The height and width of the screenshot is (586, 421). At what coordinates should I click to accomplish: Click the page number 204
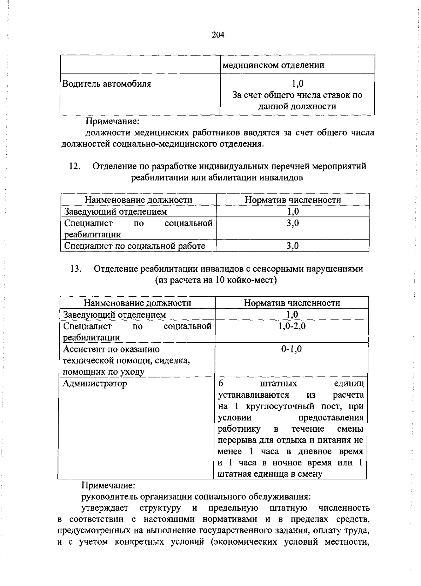(218, 35)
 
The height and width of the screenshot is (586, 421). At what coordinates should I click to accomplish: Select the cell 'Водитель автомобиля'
(107, 84)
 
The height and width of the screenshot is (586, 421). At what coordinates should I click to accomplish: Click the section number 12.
(75, 166)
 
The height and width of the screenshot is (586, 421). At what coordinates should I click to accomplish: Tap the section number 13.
(76, 269)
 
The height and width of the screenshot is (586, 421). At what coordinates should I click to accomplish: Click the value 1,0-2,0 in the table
(292, 326)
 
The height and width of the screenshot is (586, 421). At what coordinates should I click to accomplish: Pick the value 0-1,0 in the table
(292, 349)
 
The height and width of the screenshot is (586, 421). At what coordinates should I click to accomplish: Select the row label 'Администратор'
(95, 383)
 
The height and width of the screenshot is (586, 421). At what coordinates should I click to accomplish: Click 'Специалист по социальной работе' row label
(135, 246)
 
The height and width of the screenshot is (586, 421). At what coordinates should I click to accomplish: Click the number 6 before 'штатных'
(221, 383)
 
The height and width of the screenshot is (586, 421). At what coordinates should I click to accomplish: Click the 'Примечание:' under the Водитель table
(113, 121)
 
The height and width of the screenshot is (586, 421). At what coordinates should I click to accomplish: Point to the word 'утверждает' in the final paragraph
(105, 508)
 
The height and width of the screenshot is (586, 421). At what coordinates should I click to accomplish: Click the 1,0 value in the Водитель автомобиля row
(297, 83)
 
